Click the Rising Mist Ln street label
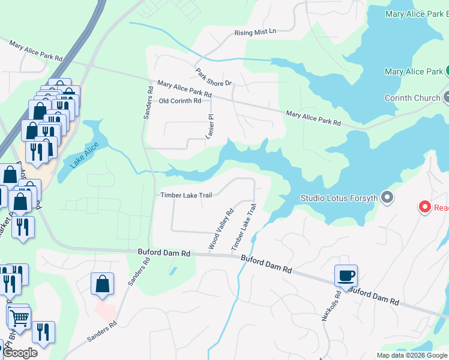click(255, 31)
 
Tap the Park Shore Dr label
click(213, 76)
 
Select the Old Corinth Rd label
click(180, 101)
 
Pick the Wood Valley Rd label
click(220, 229)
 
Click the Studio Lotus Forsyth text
click(339, 198)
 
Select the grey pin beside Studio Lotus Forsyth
click(387, 197)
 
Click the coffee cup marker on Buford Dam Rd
click(346, 276)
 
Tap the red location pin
click(425, 208)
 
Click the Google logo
click(20, 353)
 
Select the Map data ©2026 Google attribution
click(412, 355)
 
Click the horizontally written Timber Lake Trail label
click(187, 195)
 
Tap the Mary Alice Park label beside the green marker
click(414, 72)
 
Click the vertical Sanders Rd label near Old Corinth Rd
click(147, 101)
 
